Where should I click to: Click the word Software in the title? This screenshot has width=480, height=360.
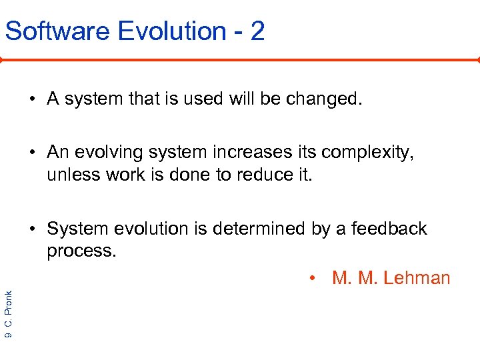(x=50, y=31)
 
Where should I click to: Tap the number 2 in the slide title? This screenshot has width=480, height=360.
(x=257, y=31)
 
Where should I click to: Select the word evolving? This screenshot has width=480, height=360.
(x=101, y=153)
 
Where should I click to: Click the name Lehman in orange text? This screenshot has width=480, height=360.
(x=418, y=278)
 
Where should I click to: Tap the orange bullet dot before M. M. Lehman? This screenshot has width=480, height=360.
(x=312, y=278)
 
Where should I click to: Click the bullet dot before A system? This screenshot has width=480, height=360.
(x=31, y=100)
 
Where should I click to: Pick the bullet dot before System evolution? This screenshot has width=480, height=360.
(x=31, y=229)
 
